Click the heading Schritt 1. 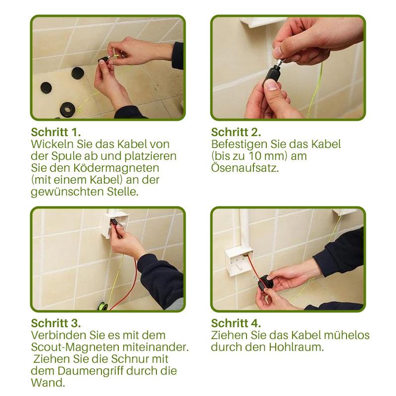pos(56,132)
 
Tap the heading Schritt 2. pos(236,132)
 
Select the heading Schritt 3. pos(56,323)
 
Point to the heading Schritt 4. pos(236,323)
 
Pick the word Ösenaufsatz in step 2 pos(245,168)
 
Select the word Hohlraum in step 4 pos(296,347)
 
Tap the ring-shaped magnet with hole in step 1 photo pos(68,109)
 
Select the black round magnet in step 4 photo pos(267,282)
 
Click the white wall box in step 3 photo pos(114,223)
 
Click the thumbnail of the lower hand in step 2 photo pos(271,85)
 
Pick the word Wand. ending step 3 pos(48,383)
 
